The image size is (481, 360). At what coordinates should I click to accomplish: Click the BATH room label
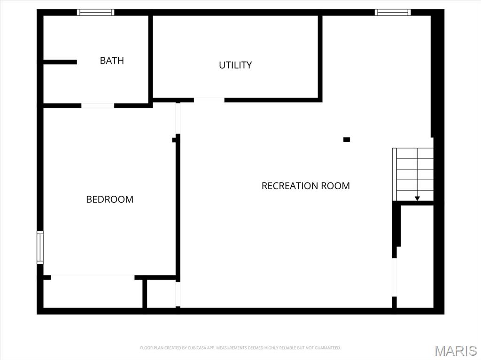(112, 61)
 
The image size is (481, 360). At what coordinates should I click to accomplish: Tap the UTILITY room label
(235, 65)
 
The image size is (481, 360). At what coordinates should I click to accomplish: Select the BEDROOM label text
(110, 199)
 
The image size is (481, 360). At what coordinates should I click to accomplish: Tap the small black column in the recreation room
(347, 139)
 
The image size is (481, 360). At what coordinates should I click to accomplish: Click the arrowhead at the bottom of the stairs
(417, 199)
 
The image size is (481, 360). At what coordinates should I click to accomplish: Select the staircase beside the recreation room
(413, 175)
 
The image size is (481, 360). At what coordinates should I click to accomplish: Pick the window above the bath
(95, 12)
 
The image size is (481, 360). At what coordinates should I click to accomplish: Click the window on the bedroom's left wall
(40, 247)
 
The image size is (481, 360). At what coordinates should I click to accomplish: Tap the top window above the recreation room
(393, 12)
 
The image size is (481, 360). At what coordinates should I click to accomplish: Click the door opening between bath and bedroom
(98, 106)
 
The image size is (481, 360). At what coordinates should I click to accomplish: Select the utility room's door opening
(209, 100)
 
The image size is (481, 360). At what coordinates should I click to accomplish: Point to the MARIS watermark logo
(456, 351)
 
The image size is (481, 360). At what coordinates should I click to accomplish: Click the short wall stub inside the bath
(60, 62)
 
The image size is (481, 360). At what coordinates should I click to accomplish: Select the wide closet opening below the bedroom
(93, 277)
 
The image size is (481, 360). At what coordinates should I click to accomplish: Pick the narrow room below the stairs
(416, 256)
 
